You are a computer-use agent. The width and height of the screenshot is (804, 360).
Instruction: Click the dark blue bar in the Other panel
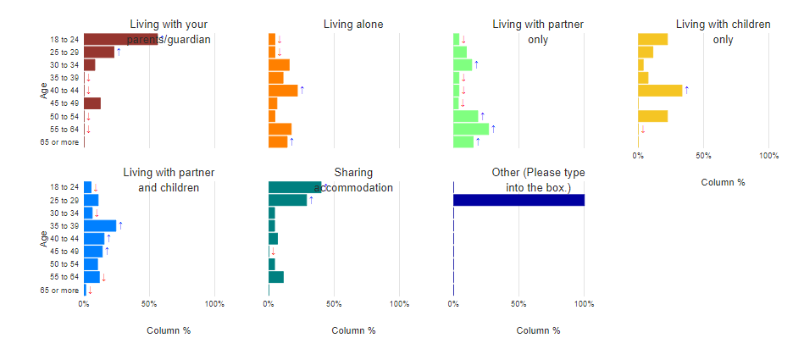coord(518,200)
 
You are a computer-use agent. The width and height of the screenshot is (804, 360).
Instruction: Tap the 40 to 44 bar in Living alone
coord(283,91)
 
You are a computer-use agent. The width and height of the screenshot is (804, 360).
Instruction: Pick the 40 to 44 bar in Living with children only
coord(660,91)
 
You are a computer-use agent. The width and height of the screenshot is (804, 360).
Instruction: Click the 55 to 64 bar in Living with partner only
coord(471,129)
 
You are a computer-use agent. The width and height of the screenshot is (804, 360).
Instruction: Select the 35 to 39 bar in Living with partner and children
coord(100,225)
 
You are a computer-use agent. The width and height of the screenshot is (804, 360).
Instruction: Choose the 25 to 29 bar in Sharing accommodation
coord(287,200)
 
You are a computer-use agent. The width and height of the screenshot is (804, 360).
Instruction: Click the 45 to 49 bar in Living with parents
coord(92,103)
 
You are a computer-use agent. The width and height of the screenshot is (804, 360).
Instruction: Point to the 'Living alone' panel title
coord(353,25)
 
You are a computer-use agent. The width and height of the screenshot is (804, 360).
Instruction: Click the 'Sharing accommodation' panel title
coord(353,180)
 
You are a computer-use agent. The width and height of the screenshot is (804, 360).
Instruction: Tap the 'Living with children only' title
coord(723,31)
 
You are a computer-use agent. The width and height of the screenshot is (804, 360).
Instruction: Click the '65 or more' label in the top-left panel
coord(60,142)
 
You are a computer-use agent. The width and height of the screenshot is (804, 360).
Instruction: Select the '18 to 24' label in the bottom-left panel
coord(64,187)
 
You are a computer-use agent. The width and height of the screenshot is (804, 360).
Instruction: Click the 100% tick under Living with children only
coord(768,156)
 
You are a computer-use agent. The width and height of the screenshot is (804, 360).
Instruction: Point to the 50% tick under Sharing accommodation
coord(334,303)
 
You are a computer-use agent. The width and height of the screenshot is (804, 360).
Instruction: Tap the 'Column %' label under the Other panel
coord(538,330)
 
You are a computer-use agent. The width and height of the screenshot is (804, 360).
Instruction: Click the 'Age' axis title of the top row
coord(43,91)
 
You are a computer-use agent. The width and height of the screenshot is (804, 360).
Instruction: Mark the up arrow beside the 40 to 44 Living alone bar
coord(302,90)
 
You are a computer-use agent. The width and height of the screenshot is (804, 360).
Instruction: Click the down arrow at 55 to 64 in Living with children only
coord(643,130)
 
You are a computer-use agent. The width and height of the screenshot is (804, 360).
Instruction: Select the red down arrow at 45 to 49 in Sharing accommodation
coord(273,252)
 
